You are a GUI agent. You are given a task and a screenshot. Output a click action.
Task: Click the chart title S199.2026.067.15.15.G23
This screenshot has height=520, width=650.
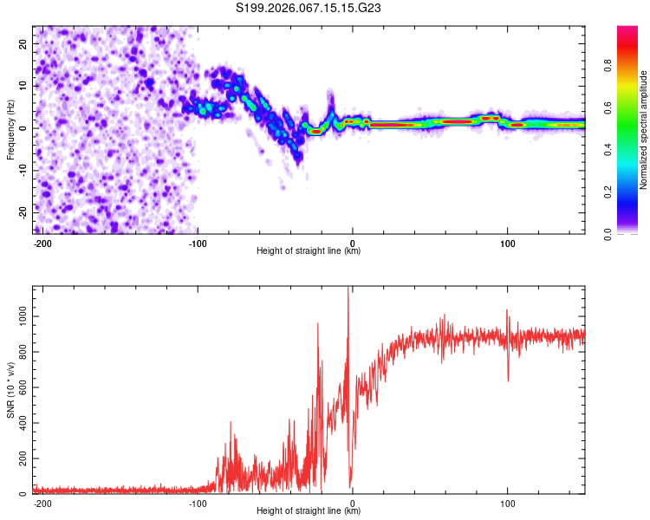pos(309,9)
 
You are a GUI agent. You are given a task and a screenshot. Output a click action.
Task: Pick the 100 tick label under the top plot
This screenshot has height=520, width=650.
pos(508,243)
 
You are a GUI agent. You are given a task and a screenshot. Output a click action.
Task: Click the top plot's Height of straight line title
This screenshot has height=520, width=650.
pos(309,251)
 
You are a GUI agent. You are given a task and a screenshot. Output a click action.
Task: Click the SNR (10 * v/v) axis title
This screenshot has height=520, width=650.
pos(10,390)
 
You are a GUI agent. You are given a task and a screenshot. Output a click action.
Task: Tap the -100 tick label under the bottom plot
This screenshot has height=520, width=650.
pos(197,503)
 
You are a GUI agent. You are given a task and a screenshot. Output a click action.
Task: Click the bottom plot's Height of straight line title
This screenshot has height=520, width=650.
pos(309,511)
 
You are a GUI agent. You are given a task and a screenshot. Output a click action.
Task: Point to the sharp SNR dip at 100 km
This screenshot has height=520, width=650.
pos(508,380)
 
